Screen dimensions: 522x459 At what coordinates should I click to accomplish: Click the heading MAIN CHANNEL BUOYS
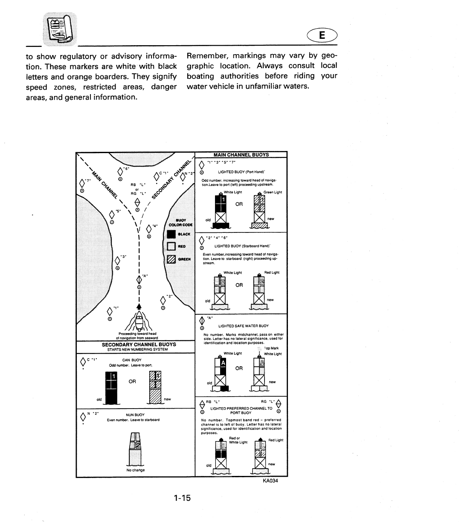[241, 155]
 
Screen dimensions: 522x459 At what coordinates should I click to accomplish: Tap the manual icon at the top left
[60, 29]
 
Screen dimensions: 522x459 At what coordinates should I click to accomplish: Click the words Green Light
[273, 192]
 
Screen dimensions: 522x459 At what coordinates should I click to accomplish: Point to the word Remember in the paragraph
[207, 56]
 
